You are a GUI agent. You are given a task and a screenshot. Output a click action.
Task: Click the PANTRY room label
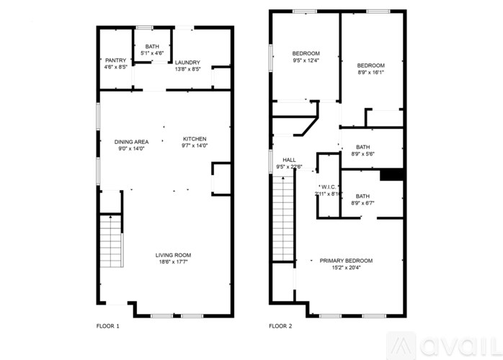(x=115, y=60)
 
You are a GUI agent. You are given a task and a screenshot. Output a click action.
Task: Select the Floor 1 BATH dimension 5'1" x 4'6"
(x=152, y=53)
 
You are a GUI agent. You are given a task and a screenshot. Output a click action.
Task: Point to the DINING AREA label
(x=131, y=142)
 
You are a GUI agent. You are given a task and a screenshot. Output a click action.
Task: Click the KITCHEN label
(x=195, y=139)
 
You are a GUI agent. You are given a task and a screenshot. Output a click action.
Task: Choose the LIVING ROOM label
(x=173, y=255)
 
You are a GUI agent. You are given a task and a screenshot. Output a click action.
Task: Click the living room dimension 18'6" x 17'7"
(x=173, y=262)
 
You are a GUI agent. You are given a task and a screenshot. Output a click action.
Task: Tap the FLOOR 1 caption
(x=108, y=326)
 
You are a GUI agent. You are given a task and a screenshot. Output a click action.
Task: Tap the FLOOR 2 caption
(x=280, y=326)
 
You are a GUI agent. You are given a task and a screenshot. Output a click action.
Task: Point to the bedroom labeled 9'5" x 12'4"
(x=306, y=57)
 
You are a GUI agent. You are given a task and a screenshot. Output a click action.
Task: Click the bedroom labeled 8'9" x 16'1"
(x=370, y=68)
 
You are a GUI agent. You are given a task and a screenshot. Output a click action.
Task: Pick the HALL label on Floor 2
(x=289, y=160)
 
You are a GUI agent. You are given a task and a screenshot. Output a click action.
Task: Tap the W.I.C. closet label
(x=328, y=186)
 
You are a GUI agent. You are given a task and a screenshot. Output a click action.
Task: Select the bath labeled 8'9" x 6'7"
(x=362, y=199)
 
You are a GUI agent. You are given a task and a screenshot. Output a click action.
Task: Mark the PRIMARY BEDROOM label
(x=346, y=260)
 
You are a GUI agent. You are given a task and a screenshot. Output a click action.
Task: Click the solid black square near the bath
(x=390, y=175)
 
